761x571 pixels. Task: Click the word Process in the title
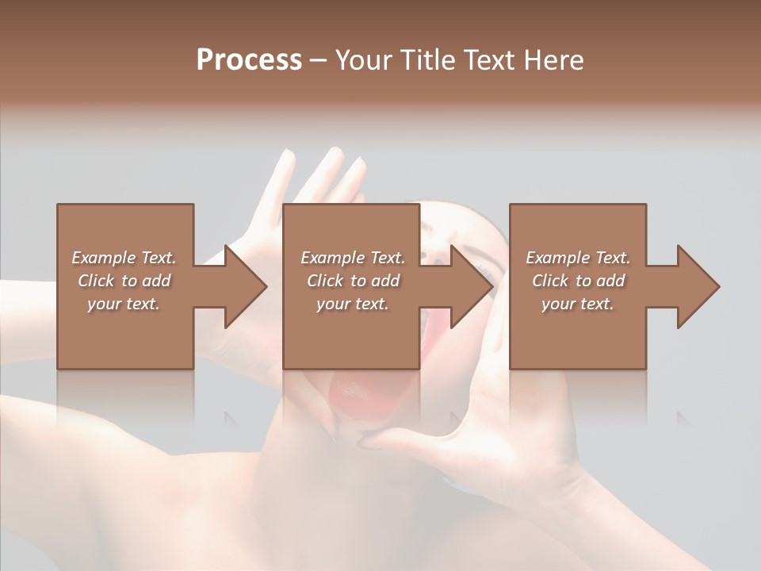(x=249, y=60)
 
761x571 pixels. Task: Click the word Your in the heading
(x=365, y=60)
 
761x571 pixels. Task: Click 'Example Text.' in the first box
(x=124, y=258)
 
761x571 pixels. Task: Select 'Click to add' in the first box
(x=124, y=281)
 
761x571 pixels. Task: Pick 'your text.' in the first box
(x=124, y=304)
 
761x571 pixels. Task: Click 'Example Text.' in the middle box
(x=353, y=258)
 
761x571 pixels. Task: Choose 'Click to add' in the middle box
(x=353, y=281)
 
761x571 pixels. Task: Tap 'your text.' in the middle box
(x=353, y=304)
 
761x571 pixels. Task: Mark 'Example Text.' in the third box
(x=578, y=258)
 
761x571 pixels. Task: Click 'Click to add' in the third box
(x=578, y=281)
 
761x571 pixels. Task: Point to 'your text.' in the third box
(x=578, y=304)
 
